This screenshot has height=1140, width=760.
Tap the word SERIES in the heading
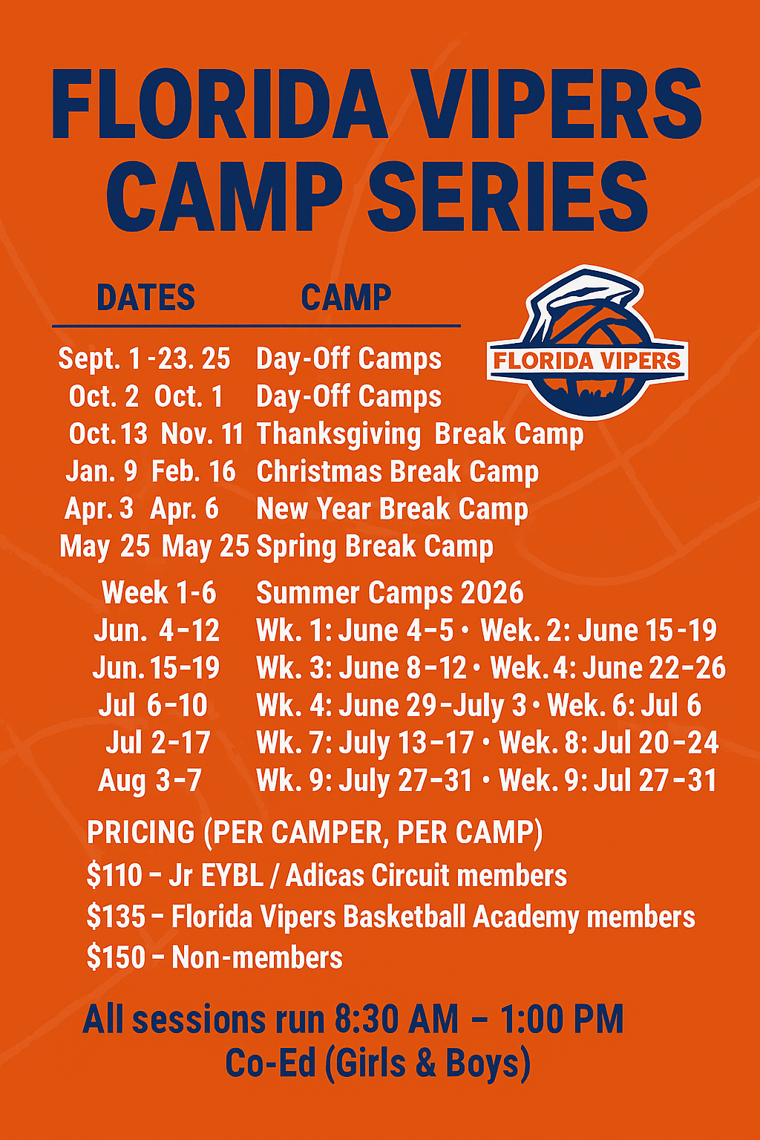tap(508, 197)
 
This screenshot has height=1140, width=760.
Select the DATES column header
tap(146, 297)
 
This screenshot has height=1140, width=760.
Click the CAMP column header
tap(346, 297)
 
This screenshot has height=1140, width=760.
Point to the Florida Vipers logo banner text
tap(587, 361)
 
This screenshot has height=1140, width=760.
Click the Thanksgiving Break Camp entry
tap(420, 435)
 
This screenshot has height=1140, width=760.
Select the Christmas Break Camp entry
tap(398, 472)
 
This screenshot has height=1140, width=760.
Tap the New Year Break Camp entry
tap(393, 509)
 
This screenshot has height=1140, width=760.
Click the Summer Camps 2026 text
tap(390, 593)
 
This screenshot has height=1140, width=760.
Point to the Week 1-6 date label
tap(160, 593)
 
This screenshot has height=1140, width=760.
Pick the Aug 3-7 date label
tap(150, 780)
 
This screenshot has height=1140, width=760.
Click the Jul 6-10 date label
tap(153, 705)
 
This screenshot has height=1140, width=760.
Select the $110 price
tap(114, 876)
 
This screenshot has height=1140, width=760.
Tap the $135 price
tap(117, 917)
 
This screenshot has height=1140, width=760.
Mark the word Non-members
tap(257, 957)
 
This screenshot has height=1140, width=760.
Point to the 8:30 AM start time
tap(397, 1020)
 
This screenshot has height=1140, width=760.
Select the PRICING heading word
tap(140, 833)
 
